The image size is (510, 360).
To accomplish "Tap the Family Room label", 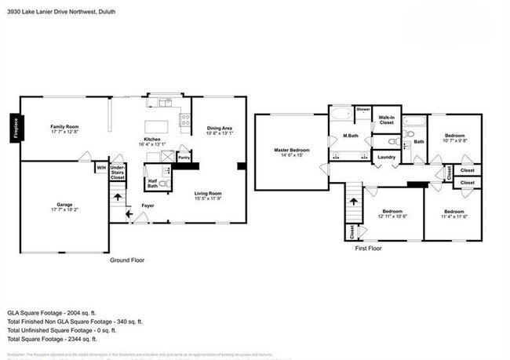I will pyautogui.click(x=67, y=126).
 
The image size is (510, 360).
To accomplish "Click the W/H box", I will pyautogui.click(x=100, y=167).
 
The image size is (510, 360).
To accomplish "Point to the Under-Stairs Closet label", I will pyautogui.click(x=118, y=172).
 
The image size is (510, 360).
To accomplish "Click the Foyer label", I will pyautogui.click(x=147, y=205).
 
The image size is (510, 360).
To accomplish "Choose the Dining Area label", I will pyautogui.click(x=219, y=129).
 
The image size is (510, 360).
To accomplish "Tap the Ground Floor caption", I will pyautogui.click(x=126, y=260).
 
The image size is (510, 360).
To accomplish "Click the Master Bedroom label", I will pyautogui.click(x=291, y=149).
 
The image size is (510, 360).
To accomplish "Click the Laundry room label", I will pyautogui.click(x=386, y=157).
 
